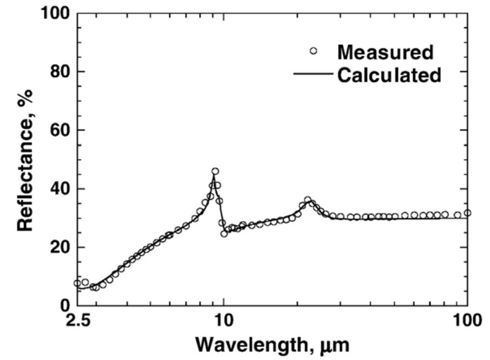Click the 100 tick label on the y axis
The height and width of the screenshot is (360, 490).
(54, 14)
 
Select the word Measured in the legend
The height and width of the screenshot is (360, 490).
(385, 53)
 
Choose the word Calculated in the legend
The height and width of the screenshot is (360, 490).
(389, 75)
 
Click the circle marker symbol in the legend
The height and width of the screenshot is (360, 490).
(313, 51)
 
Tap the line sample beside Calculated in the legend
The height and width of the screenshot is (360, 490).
(313, 75)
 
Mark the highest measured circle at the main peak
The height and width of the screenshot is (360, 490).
(215, 171)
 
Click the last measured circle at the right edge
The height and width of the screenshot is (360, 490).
(467, 213)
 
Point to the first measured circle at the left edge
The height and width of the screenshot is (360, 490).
(77, 283)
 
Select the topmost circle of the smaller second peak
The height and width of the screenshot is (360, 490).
(308, 200)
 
